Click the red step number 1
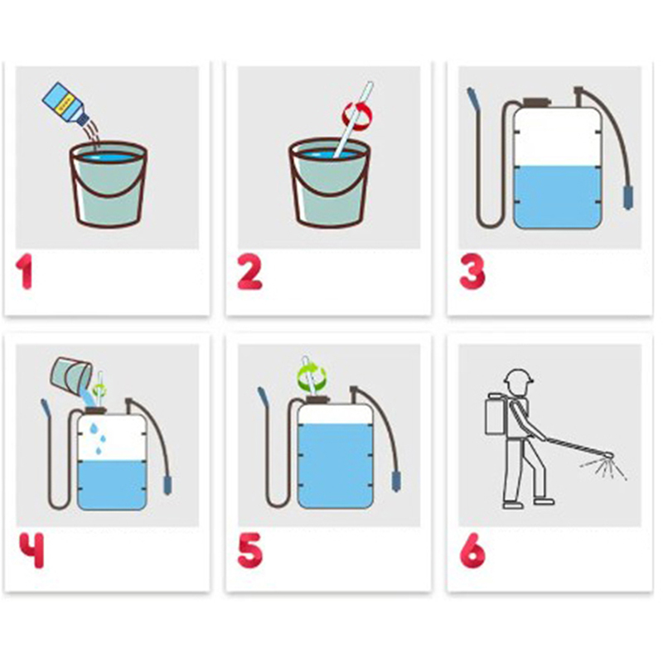pyautogui.click(x=25, y=272)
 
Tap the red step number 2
pyautogui.click(x=249, y=272)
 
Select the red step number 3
pyautogui.click(x=472, y=272)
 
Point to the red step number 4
pyautogui.click(x=31, y=549)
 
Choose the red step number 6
pyautogui.click(x=472, y=549)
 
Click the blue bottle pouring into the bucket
pyautogui.click(x=65, y=104)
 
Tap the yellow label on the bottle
pyautogui.click(x=67, y=103)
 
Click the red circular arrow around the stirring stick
pyautogui.click(x=358, y=116)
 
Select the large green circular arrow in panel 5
pyautogui.click(x=311, y=375)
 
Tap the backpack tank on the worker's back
pyautogui.click(x=496, y=414)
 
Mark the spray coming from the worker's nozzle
pyautogui.click(x=605, y=467)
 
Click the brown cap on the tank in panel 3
pyautogui.click(x=536, y=102)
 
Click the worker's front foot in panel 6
pyautogui.click(x=544, y=501)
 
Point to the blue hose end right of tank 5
pyautogui.click(x=396, y=482)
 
